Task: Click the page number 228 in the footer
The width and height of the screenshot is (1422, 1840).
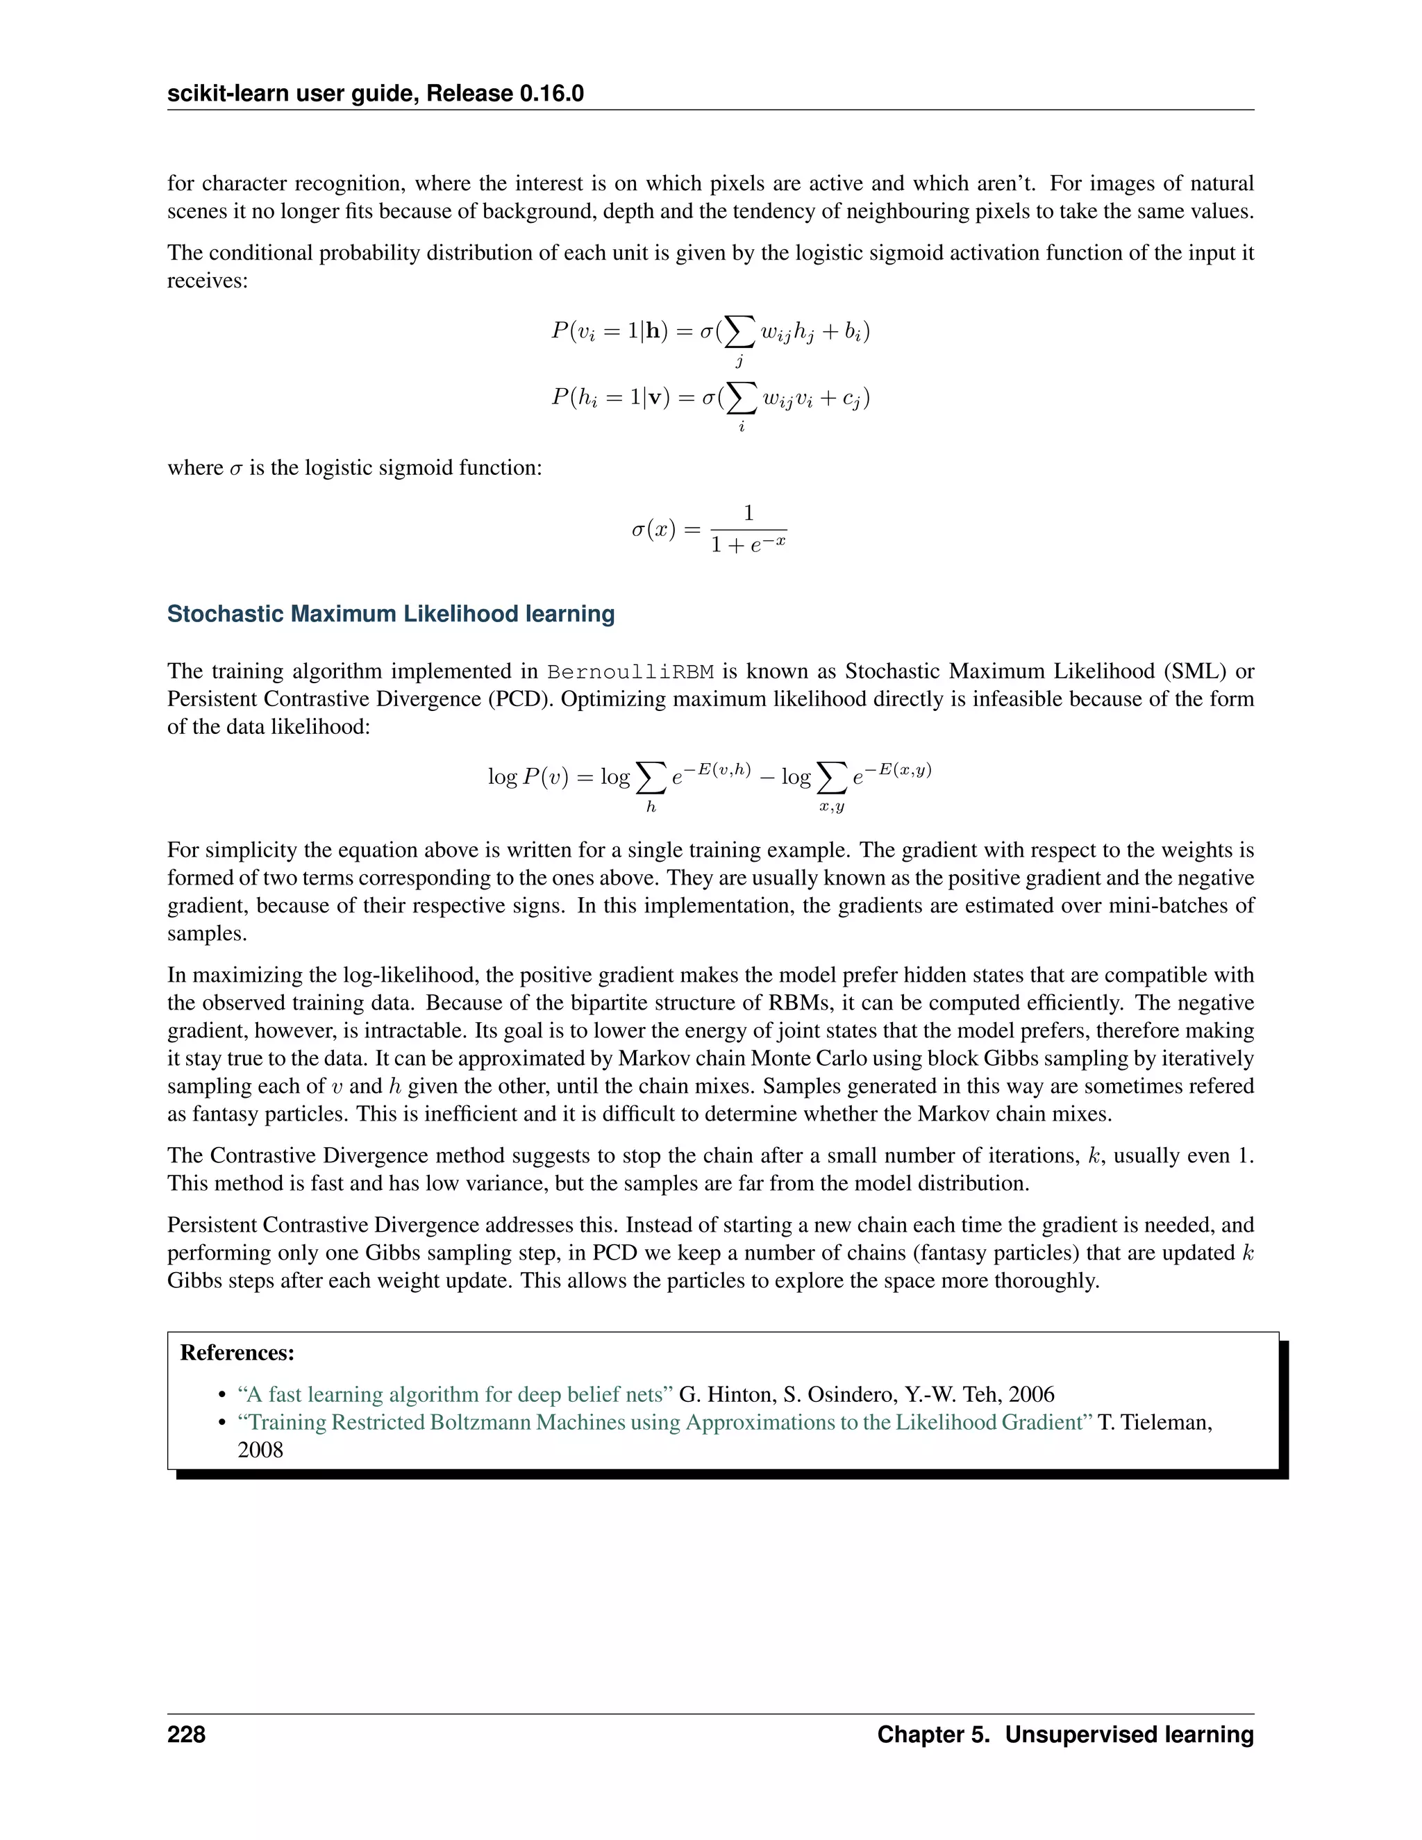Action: point(186,1734)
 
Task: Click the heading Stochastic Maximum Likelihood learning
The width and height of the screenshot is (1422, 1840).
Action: point(391,614)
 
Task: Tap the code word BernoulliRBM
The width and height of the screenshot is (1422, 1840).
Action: point(630,671)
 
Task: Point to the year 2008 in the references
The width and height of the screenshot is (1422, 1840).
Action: point(260,1450)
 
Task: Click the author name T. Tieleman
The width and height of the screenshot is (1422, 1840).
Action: point(1154,1422)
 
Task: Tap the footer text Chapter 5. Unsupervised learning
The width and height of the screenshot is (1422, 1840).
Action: point(1065,1734)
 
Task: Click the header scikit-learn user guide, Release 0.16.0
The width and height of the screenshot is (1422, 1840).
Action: point(376,94)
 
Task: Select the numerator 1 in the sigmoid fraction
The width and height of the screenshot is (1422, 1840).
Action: point(748,513)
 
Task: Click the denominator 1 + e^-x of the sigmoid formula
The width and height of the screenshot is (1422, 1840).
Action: point(748,545)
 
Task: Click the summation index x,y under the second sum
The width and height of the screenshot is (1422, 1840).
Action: point(831,807)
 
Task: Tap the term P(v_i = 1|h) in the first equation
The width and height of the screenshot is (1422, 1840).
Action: point(609,331)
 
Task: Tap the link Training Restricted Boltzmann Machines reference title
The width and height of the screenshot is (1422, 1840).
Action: point(664,1422)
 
